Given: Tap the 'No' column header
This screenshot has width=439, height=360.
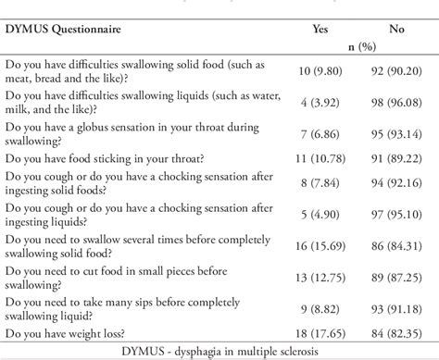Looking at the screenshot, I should click(396, 29).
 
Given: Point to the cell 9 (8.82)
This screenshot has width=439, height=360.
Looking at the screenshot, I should click(320, 306).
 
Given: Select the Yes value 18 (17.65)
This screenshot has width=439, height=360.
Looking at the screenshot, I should click(320, 331).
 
